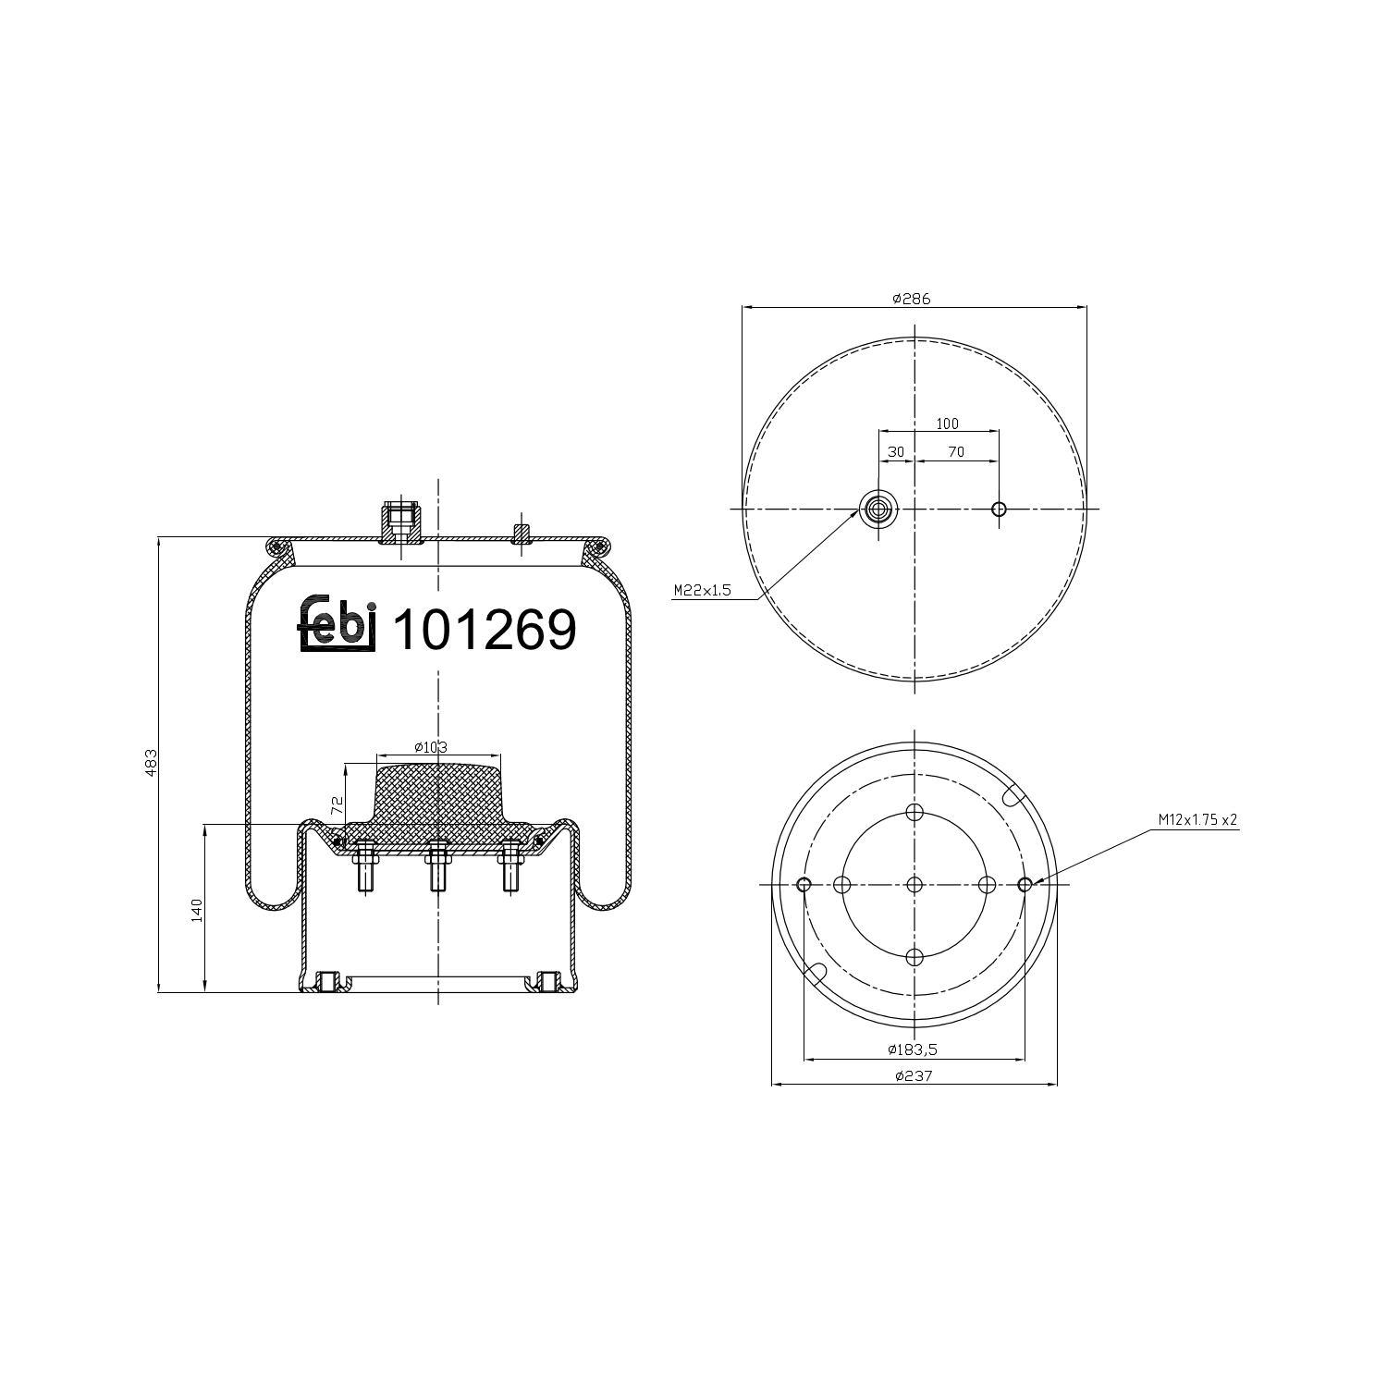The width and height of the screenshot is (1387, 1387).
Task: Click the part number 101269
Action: (x=485, y=631)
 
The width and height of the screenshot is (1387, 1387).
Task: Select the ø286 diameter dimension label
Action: (x=911, y=299)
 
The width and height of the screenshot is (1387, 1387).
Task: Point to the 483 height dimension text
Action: (x=152, y=762)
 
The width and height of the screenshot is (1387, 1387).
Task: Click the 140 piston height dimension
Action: (x=196, y=910)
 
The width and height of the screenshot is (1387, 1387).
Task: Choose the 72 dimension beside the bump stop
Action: (x=338, y=804)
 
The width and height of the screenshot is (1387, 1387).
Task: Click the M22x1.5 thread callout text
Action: (x=702, y=590)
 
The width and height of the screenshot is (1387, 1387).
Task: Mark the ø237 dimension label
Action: (x=913, y=1075)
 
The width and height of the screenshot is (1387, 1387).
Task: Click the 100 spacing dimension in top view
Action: (x=947, y=423)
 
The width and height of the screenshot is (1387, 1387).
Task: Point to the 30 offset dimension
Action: (x=895, y=452)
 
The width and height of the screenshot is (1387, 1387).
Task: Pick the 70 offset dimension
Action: (x=955, y=452)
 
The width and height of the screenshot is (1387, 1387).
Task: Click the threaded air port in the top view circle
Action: (x=878, y=509)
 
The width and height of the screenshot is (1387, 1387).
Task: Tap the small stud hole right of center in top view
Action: (x=999, y=509)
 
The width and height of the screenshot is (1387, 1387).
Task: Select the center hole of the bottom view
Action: (x=914, y=885)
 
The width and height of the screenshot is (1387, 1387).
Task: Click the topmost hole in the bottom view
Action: (x=914, y=813)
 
